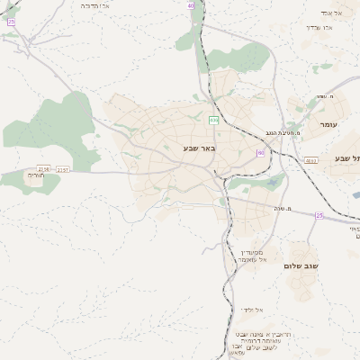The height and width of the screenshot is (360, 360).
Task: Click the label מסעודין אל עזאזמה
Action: (x=254, y=256)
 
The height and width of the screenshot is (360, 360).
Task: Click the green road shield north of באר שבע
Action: (x=213, y=120)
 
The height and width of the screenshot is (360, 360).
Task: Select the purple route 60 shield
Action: (x=260, y=153)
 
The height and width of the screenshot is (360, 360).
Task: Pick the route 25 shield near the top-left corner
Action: (x=11, y=21)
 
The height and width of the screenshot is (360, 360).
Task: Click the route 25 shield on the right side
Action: (x=319, y=215)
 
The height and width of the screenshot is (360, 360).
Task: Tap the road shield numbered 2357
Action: (x=61, y=168)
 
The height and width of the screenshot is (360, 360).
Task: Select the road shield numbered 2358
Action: (x=43, y=168)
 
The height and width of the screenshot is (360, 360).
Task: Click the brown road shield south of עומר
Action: (x=310, y=160)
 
